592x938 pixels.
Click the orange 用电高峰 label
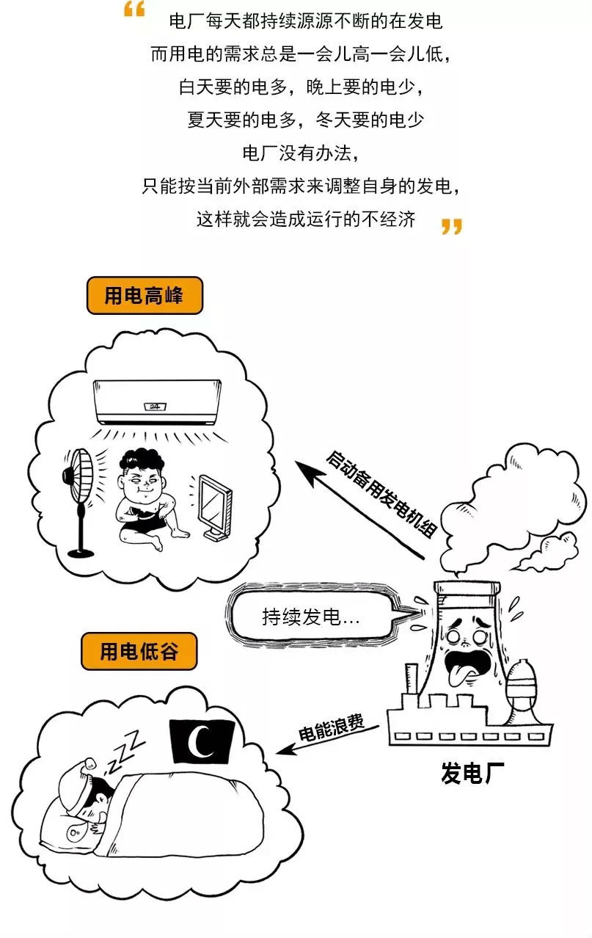pos(144,296)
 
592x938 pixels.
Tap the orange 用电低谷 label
pos(139,651)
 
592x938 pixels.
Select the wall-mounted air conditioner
pos(157,401)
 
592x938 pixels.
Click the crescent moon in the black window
pos(200,742)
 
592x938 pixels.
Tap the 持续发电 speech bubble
pos(312,614)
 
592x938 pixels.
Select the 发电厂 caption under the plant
pos(472,773)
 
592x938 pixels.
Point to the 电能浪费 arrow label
pos(330,727)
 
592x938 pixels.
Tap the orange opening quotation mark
pos(134,10)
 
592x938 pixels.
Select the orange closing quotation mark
pos(451,225)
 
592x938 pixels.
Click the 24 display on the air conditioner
pos(154,406)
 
